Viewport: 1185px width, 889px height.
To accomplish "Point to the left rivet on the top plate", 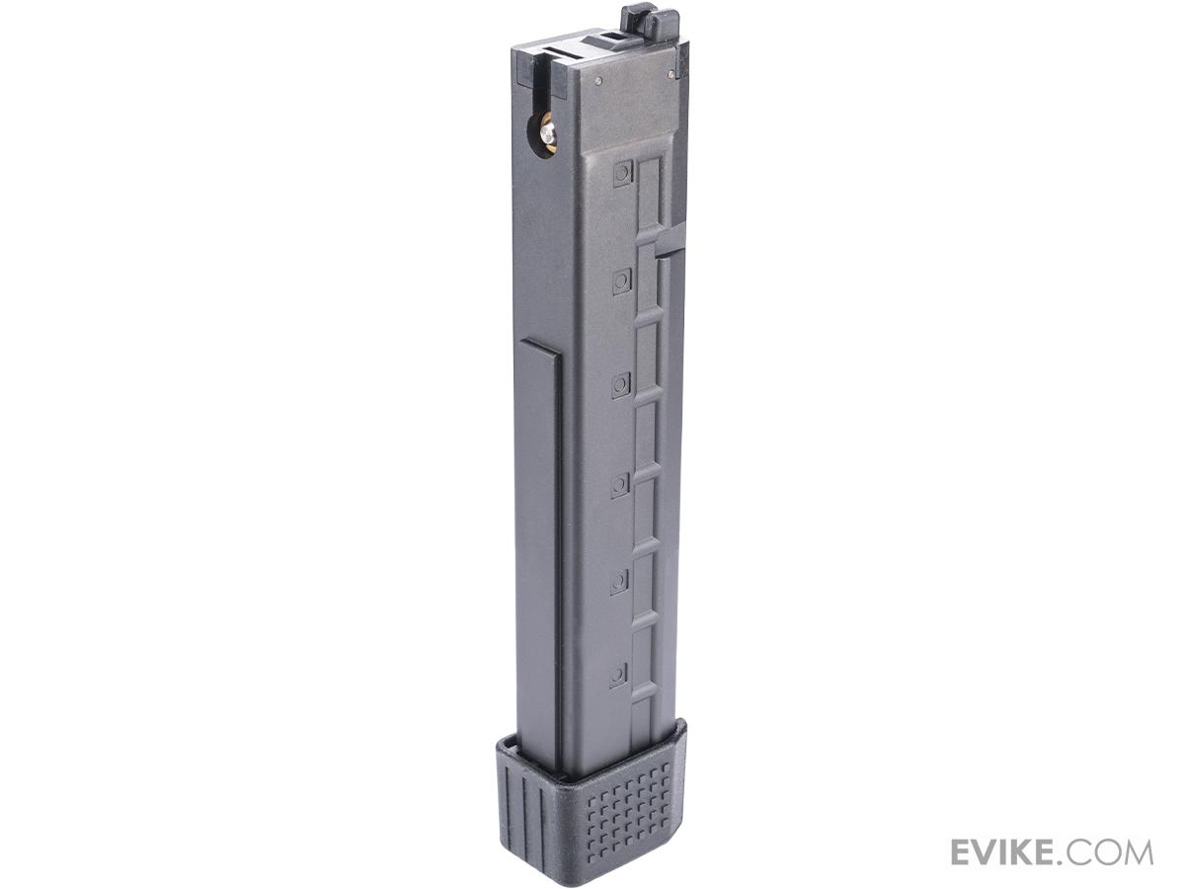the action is coord(598,82).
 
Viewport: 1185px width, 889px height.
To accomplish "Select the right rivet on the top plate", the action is coord(671,75).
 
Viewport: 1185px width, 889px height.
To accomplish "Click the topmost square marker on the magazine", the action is coord(622,173).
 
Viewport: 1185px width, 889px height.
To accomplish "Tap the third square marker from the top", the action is coord(620,384).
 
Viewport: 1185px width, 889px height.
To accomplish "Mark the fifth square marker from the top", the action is coord(619,580).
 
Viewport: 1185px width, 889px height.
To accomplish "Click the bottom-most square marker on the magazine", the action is coord(618,675).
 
